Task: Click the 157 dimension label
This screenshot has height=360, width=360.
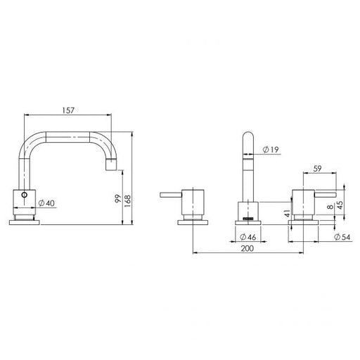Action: [68, 110]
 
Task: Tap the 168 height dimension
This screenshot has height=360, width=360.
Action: [128, 201]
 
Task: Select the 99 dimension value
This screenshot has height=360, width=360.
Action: [118, 198]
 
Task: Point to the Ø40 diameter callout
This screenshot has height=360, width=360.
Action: [46, 203]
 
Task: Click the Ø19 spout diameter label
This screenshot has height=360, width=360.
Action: [271, 150]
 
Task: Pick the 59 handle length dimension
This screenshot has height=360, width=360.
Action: [317, 169]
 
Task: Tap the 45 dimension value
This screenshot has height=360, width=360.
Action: [340, 205]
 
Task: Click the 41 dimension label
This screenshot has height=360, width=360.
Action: [287, 213]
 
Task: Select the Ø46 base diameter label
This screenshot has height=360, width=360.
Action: [247, 237]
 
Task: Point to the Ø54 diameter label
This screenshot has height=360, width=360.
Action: [342, 237]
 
